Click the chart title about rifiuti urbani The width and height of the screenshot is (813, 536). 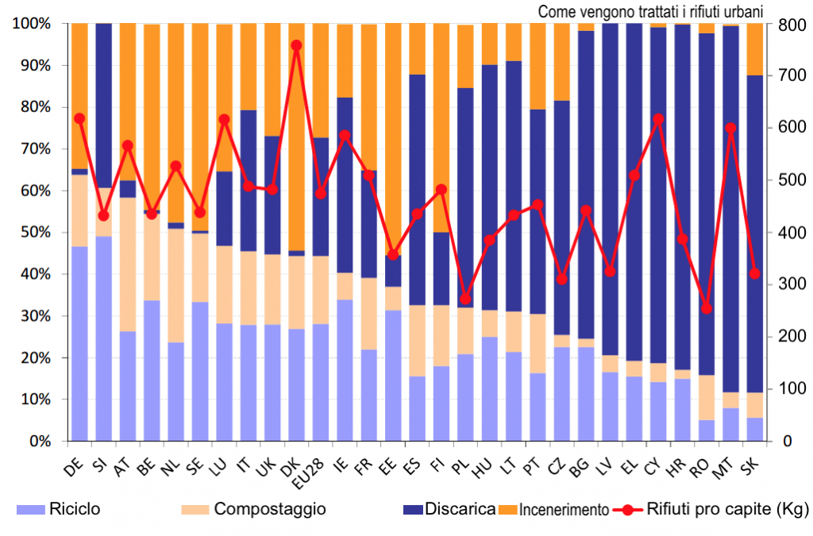point(650,11)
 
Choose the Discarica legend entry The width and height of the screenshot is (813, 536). point(460,509)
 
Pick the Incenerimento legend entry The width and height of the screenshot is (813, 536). point(564,510)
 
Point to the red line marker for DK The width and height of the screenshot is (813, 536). point(296,45)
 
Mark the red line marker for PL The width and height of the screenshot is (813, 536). point(466,299)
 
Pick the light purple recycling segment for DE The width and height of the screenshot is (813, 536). point(79,341)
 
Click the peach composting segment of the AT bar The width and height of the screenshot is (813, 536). point(128,262)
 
